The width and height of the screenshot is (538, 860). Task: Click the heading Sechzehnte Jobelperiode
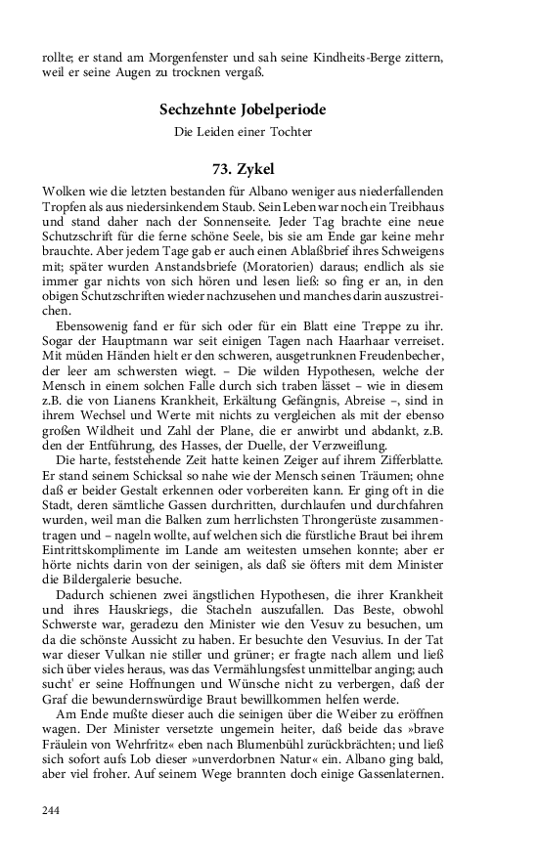click(243, 109)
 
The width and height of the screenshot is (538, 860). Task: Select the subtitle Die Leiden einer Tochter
click(243, 132)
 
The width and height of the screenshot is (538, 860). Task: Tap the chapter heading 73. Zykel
click(243, 168)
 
